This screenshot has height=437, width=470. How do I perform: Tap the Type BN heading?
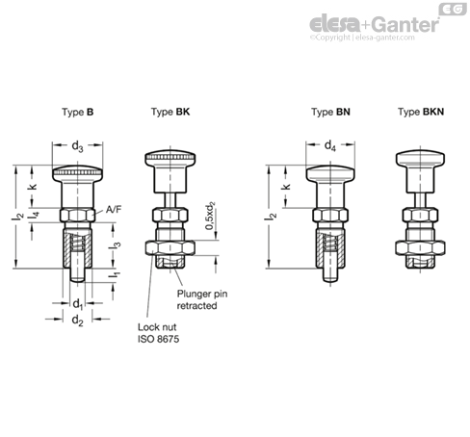click(329, 113)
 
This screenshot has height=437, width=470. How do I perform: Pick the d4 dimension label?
click(329, 147)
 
